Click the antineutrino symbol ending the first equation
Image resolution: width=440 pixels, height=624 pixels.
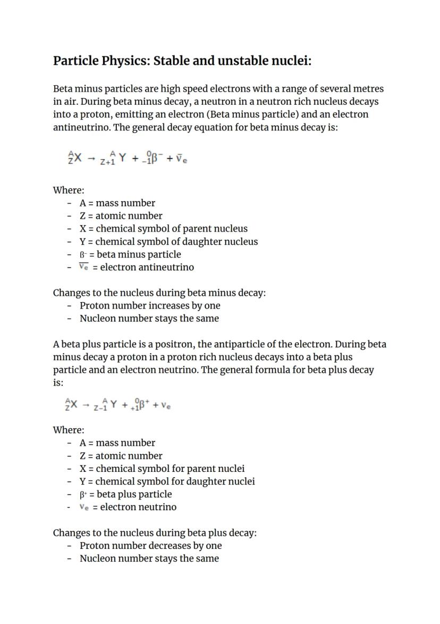pyautogui.click(x=181, y=159)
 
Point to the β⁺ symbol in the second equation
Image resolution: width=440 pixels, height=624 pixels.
pyautogui.click(x=143, y=405)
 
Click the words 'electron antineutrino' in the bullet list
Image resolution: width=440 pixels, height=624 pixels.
pyautogui.click(x=147, y=267)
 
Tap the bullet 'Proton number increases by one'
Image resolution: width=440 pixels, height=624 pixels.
pyautogui.click(x=150, y=305)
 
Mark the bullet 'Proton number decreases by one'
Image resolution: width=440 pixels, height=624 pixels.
pyautogui.click(x=150, y=545)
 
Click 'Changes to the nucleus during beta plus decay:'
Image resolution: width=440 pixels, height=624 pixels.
pyautogui.click(x=155, y=533)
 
